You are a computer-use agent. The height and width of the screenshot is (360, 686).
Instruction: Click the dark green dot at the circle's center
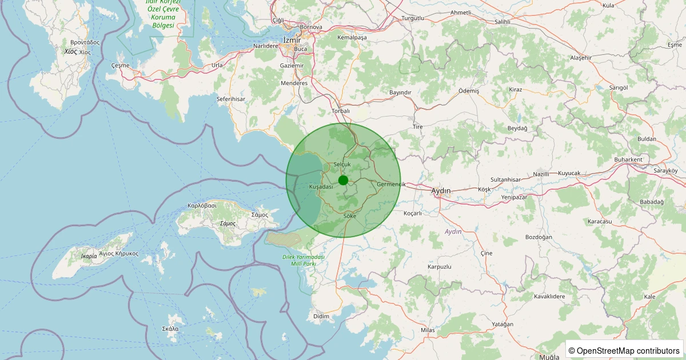pos(343,181)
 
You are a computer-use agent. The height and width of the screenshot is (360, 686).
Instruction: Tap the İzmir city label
pos(292,39)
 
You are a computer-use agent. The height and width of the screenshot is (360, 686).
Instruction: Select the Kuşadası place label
pos(321,187)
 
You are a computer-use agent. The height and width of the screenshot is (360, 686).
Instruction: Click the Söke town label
pos(350,216)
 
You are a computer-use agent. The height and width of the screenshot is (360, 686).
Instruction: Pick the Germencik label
pos(391,184)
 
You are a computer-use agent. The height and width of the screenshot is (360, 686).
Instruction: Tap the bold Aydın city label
pos(441,190)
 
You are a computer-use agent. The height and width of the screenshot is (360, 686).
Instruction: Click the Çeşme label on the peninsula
pos(121,66)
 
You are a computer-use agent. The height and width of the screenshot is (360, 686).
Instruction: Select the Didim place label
pos(321,316)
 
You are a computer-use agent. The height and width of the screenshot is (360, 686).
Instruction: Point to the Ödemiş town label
pos(469,91)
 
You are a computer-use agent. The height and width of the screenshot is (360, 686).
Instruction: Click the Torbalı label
pos(340,111)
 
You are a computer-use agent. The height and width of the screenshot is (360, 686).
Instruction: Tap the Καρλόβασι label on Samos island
pos(202,205)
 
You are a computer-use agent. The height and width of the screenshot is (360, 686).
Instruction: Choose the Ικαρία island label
pos(89,256)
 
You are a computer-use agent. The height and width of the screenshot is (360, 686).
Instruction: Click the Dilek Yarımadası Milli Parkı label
pos(304,261)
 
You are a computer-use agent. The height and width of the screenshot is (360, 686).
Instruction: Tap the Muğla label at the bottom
pos(549,357)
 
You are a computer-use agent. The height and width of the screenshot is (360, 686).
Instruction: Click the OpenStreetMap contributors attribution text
pos(624,350)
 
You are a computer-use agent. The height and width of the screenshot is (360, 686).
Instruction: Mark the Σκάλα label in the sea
pos(170,329)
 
